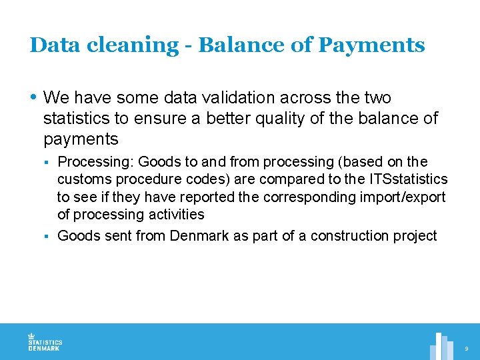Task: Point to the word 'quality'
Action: [x=287, y=119]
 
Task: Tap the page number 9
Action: [x=467, y=349]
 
